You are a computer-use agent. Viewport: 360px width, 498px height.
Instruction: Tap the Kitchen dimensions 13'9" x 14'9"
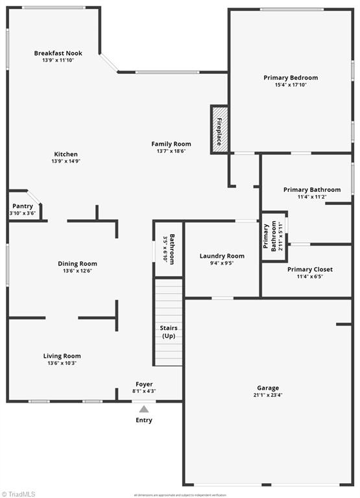66,161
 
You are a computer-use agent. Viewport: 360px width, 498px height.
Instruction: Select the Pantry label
22,206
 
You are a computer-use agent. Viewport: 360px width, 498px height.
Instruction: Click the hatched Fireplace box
219,130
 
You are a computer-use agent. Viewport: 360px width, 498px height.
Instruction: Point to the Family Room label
171,144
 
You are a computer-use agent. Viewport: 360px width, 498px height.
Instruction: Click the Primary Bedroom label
291,78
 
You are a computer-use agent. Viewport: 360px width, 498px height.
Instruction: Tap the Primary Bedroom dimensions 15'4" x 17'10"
291,84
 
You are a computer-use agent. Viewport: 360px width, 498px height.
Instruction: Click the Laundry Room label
222,256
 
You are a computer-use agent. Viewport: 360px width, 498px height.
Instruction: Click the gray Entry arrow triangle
144,409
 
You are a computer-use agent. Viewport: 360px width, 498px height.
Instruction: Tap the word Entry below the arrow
144,420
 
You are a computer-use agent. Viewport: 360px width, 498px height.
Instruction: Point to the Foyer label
144,385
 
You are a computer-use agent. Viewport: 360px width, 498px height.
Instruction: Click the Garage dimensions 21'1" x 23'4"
268,394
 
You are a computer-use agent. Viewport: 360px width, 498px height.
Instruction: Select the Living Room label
62,356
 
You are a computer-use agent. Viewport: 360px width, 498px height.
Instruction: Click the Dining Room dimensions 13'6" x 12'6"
77,270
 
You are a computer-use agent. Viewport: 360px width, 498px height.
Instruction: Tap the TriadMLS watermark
19,493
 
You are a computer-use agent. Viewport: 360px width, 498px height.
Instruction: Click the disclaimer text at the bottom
180,494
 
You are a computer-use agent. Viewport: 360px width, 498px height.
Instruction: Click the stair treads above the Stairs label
169,300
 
